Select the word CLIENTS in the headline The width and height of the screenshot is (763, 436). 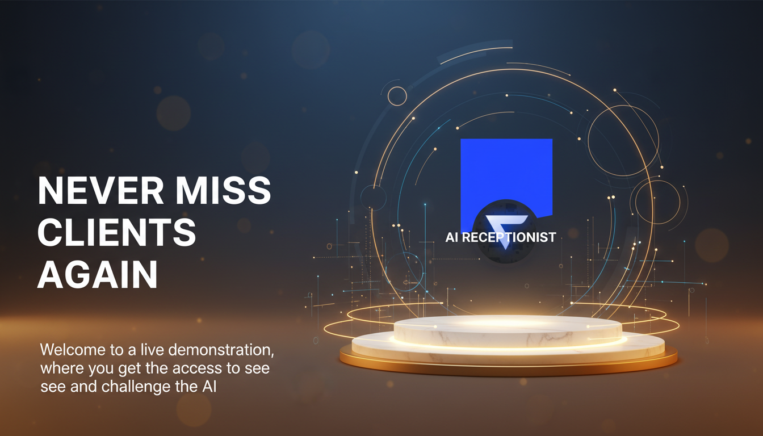tap(117, 233)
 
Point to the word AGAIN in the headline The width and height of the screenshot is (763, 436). tap(97, 275)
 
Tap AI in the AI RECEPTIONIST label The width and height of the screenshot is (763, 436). tap(452, 237)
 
